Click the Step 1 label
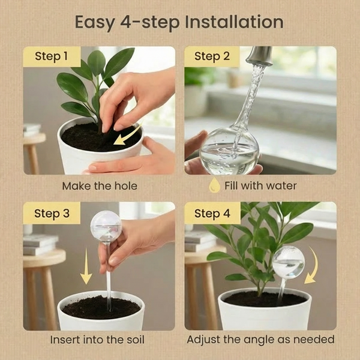pyautogui.click(x=52, y=56)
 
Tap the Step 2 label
pyautogui.click(x=212, y=56)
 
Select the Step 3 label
pyautogui.click(x=52, y=214)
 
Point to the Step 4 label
pyautogui.click(x=212, y=214)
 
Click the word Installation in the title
pyautogui.click(x=234, y=22)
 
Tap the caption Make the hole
pyautogui.click(x=100, y=186)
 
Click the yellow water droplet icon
pyautogui.click(x=214, y=185)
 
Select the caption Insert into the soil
pyautogui.click(x=97, y=340)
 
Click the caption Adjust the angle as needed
pyautogui.click(x=260, y=340)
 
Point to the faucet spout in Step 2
pyautogui.click(x=259, y=56)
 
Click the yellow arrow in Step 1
pyautogui.click(x=127, y=136)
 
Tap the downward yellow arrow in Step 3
pyautogui.click(x=86, y=266)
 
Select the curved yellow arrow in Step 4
pyautogui.click(x=314, y=266)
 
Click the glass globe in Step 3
pyautogui.click(x=106, y=226)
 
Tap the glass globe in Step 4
pyautogui.click(x=289, y=262)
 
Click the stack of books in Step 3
pyautogui.click(x=40, y=245)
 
